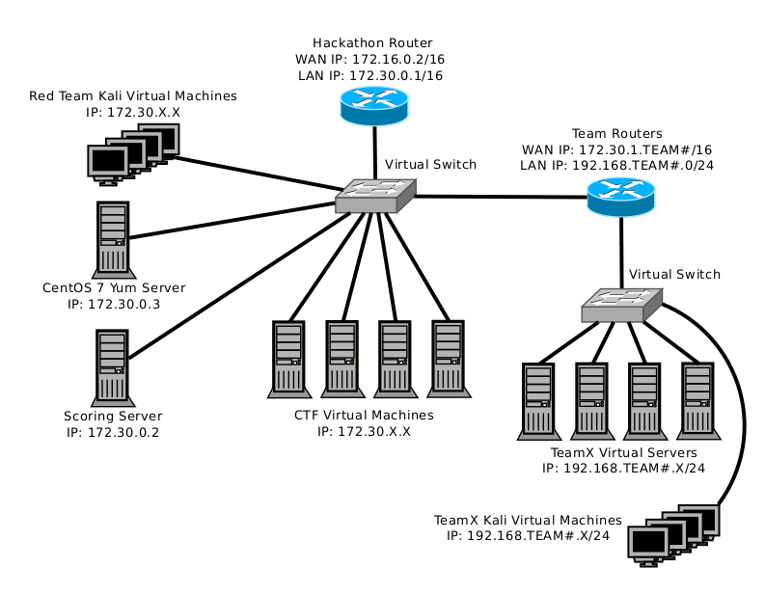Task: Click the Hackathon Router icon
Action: [x=374, y=105]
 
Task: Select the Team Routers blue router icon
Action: [x=620, y=199]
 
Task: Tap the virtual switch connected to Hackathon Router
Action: [x=375, y=196]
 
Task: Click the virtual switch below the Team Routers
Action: [x=622, y=305]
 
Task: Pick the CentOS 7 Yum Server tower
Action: [x=113, y=238]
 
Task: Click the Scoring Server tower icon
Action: [x=113, y=367]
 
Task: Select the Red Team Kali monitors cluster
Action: [x=132, y=151]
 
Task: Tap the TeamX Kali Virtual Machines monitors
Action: [x=674, y=533]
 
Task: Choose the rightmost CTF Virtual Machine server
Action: [x=447, y=359]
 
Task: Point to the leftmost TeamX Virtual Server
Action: [x=536, y=399]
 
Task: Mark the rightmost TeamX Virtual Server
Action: [x=696, y=399]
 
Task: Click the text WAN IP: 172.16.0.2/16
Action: [x=372, y=59]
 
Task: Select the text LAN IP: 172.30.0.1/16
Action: [x=372, y=74]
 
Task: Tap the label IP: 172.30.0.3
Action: [x=114, y=304]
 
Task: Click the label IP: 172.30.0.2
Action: [x=113, y=432]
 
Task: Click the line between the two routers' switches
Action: [x=502, y=198]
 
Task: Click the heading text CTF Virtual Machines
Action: [x=364, y=415]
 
